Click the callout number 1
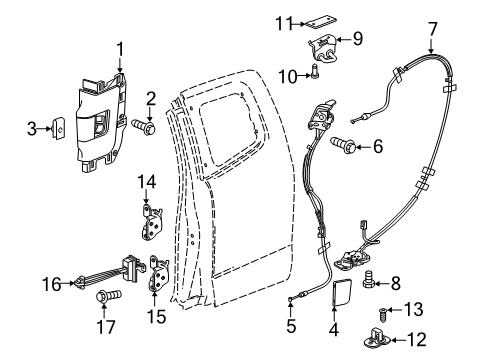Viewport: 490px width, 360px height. [x=119, y=47]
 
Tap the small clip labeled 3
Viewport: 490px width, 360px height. [x=62, y=127]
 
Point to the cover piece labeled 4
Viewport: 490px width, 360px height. [x=336, y=296]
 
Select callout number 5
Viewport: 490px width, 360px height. [x=290, y=325]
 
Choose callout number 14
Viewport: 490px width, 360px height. [x=148, y=181]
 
